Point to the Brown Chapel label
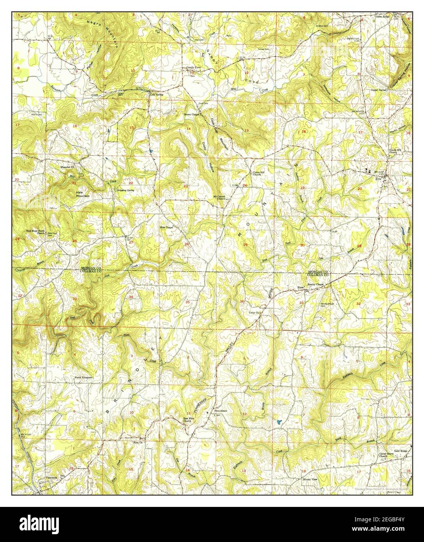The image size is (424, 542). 192,115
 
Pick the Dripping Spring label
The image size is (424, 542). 125,190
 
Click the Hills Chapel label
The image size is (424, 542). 166,227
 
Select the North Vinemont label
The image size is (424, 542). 85,378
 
